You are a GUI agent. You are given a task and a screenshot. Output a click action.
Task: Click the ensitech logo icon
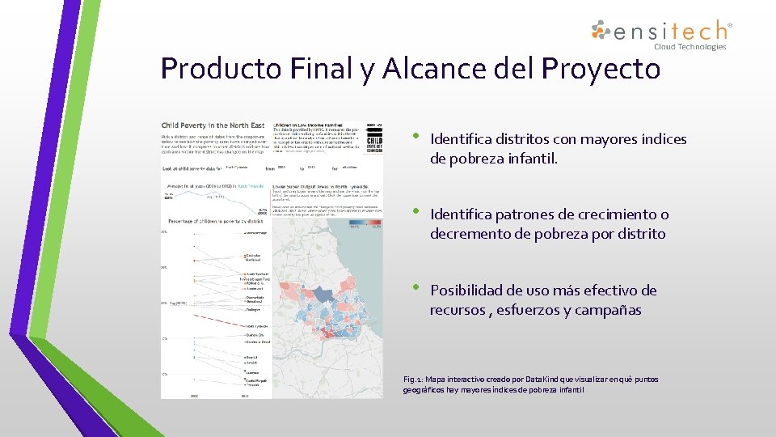601,31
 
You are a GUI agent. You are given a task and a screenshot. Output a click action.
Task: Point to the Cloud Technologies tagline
690,47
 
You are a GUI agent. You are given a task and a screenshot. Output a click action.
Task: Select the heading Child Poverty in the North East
213,125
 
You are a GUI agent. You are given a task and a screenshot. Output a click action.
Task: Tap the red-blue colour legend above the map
365,227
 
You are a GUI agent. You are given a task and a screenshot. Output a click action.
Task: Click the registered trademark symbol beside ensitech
730,26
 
